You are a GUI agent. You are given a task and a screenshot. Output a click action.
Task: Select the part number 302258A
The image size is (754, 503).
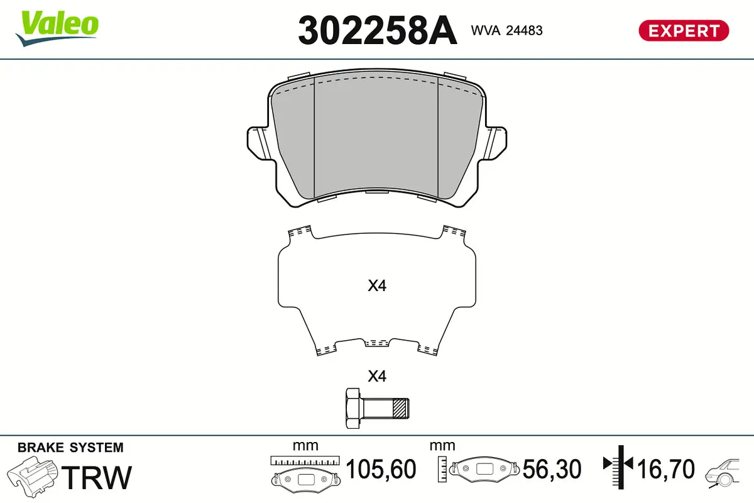point(377,30)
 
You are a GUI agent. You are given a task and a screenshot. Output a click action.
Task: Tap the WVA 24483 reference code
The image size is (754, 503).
point(506,30)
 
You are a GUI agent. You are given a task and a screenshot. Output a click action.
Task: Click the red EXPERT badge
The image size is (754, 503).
point(683,30)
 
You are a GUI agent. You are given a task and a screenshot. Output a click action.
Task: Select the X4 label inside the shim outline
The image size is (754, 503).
point(376,286)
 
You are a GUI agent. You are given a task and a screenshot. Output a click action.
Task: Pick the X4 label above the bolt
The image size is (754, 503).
point(376,377)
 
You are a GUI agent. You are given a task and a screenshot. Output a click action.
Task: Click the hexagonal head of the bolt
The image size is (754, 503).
point(354,409)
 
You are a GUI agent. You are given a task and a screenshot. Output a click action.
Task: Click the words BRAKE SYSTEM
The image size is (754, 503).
point(70,448)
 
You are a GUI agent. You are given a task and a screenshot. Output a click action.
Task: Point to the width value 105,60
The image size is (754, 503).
point(381,470)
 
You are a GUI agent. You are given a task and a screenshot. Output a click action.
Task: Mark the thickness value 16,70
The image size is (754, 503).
point(666,470)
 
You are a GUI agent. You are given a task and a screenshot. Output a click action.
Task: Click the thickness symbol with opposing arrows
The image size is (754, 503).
point(619,465)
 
